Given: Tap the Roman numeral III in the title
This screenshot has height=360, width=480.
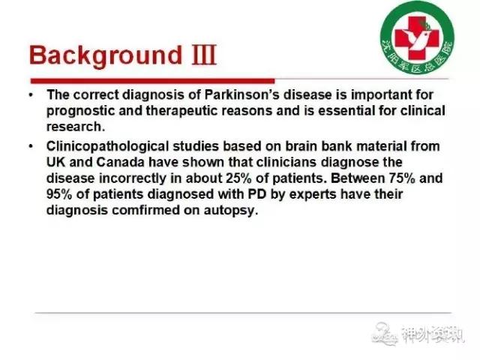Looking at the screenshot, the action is coord(204,55).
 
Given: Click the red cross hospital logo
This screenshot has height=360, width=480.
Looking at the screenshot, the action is coord(417,37).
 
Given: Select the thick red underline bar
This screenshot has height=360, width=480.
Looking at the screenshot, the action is coord(152,81).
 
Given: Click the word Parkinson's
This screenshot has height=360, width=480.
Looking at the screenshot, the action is coord(241,94).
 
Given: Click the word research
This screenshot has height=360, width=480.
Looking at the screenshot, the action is coord(76,127).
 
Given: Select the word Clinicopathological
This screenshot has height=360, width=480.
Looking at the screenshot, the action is coord(107,147).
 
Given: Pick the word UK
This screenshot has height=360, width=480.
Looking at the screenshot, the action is coord(55,162).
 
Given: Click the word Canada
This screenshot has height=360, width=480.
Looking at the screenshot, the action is coord(120,162).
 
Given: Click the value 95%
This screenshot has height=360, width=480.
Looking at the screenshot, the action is coord(59,194).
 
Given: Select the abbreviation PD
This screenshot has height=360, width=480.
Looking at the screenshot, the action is coord(256,194).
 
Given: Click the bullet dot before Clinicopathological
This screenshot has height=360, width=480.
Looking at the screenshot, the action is coord(31,146).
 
